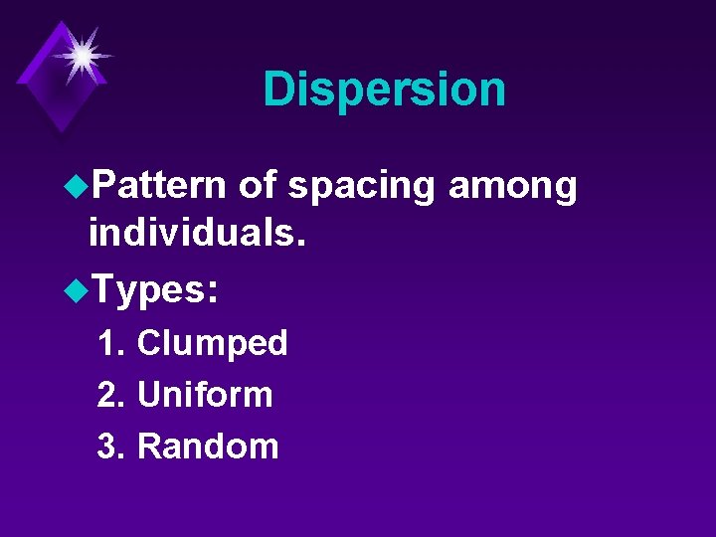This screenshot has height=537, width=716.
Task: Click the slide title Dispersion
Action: point(384,89)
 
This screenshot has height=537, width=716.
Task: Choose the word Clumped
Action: point(212,344)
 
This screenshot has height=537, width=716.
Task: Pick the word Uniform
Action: point(205,395)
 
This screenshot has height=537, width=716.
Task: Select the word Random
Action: point(208,447)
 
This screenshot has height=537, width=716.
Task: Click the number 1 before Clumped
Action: point(107,344)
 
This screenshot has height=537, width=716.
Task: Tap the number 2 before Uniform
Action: point(107,395)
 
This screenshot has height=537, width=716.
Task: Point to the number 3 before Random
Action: point(107,447)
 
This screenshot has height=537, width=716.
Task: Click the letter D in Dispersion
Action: point(279,89)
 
